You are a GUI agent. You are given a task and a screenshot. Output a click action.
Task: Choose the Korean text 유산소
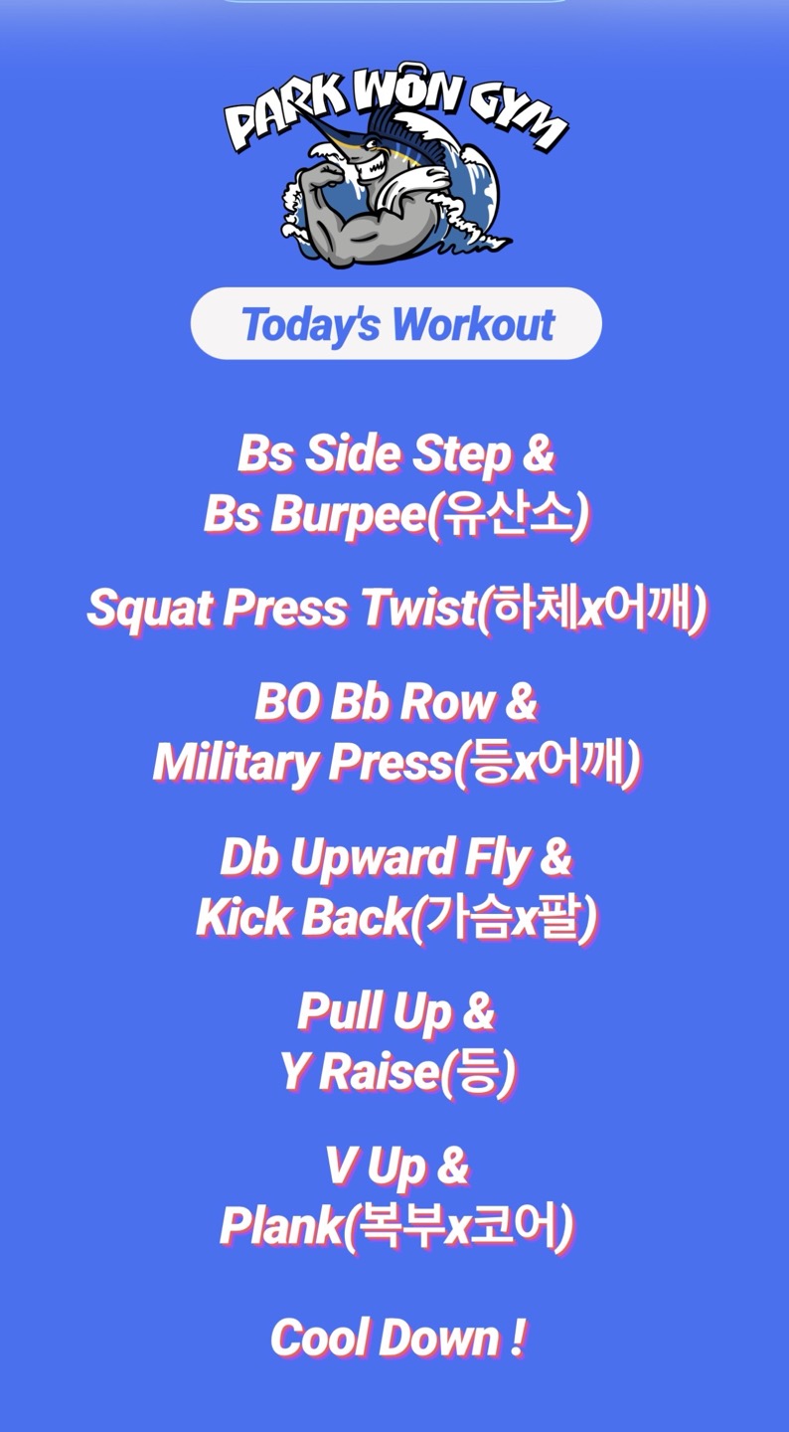pos(506,513)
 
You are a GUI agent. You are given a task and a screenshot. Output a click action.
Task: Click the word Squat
pos(151,608)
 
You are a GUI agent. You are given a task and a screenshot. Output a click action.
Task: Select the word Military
pos(236,764)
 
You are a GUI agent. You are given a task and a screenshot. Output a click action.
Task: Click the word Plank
pos(281,1225)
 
